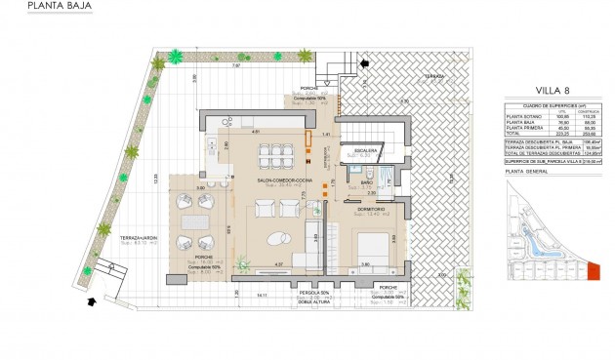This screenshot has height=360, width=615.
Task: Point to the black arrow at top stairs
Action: (x=366, y=64)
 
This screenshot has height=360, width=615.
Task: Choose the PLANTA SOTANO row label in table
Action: (x=524, y=116)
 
